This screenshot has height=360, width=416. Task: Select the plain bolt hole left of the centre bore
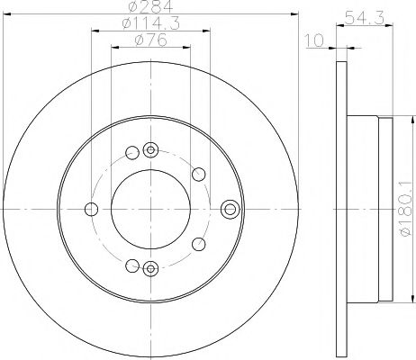click(91, 210)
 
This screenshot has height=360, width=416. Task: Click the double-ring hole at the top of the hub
click(149, 150)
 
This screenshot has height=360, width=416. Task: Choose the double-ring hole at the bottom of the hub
click(149, 267)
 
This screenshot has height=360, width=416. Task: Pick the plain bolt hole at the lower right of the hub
click(195, 243)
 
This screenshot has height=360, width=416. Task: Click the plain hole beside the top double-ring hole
click(131, 153)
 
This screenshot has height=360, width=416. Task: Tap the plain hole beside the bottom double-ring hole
click(131, 265)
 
